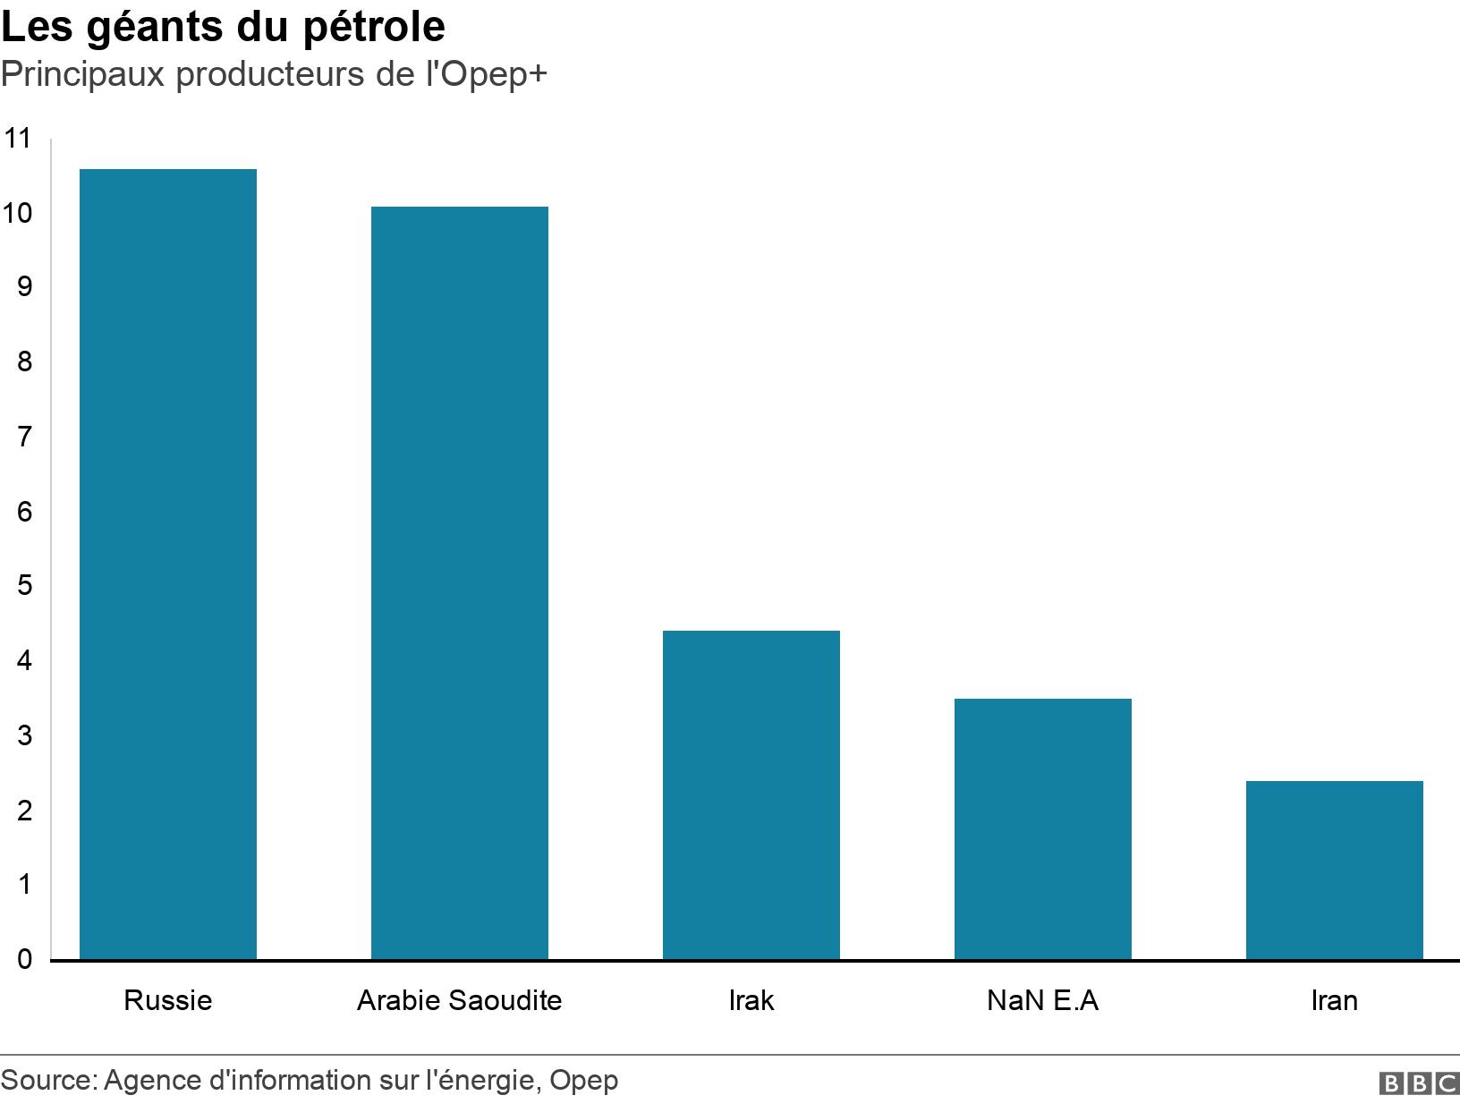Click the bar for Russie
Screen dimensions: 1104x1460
(x=168, y=565)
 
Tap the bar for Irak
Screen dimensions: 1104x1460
(x=751, y=795)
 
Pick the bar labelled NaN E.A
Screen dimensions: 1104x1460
(x=1043, y=829)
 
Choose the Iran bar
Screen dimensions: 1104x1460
(x=1335, y=870)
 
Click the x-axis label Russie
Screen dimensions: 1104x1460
(x=168, y=999)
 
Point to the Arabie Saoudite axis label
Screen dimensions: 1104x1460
(x=460, y=999)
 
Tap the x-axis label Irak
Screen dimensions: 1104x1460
(x=751, y=999)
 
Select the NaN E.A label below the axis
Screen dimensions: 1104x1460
(x=1043, y=999)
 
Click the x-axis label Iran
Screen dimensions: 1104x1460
(x=1335, y=999)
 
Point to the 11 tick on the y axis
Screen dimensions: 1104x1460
(x=17, y=139)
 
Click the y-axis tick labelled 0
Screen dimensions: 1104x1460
(x=24, y=960)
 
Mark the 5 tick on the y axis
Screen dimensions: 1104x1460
(x=24, y=586)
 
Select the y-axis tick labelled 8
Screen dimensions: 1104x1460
(x=24, y=362)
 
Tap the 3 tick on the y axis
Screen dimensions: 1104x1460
(x=24, y=735)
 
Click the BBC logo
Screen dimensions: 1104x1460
(x=1419, y=1083)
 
